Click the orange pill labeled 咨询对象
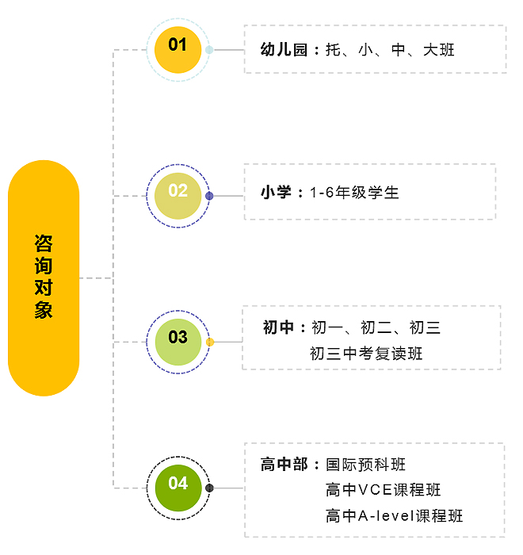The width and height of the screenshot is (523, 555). coord(44,277)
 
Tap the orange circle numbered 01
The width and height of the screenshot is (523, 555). coord(178,46)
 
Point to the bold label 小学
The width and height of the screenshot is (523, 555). coord(277,193)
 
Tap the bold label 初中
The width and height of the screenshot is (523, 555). coord(279,327)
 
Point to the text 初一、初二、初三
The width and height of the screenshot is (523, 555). coord(376,327)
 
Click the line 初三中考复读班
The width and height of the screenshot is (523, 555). coord(366,354)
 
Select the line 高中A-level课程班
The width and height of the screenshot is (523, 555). coord(394,516)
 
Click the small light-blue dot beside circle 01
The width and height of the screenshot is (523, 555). coord(209,49)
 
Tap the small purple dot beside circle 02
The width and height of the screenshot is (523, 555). coord(209,196)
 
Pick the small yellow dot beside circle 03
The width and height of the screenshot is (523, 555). coord(210,343)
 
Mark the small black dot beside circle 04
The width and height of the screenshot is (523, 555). coord(209,488)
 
